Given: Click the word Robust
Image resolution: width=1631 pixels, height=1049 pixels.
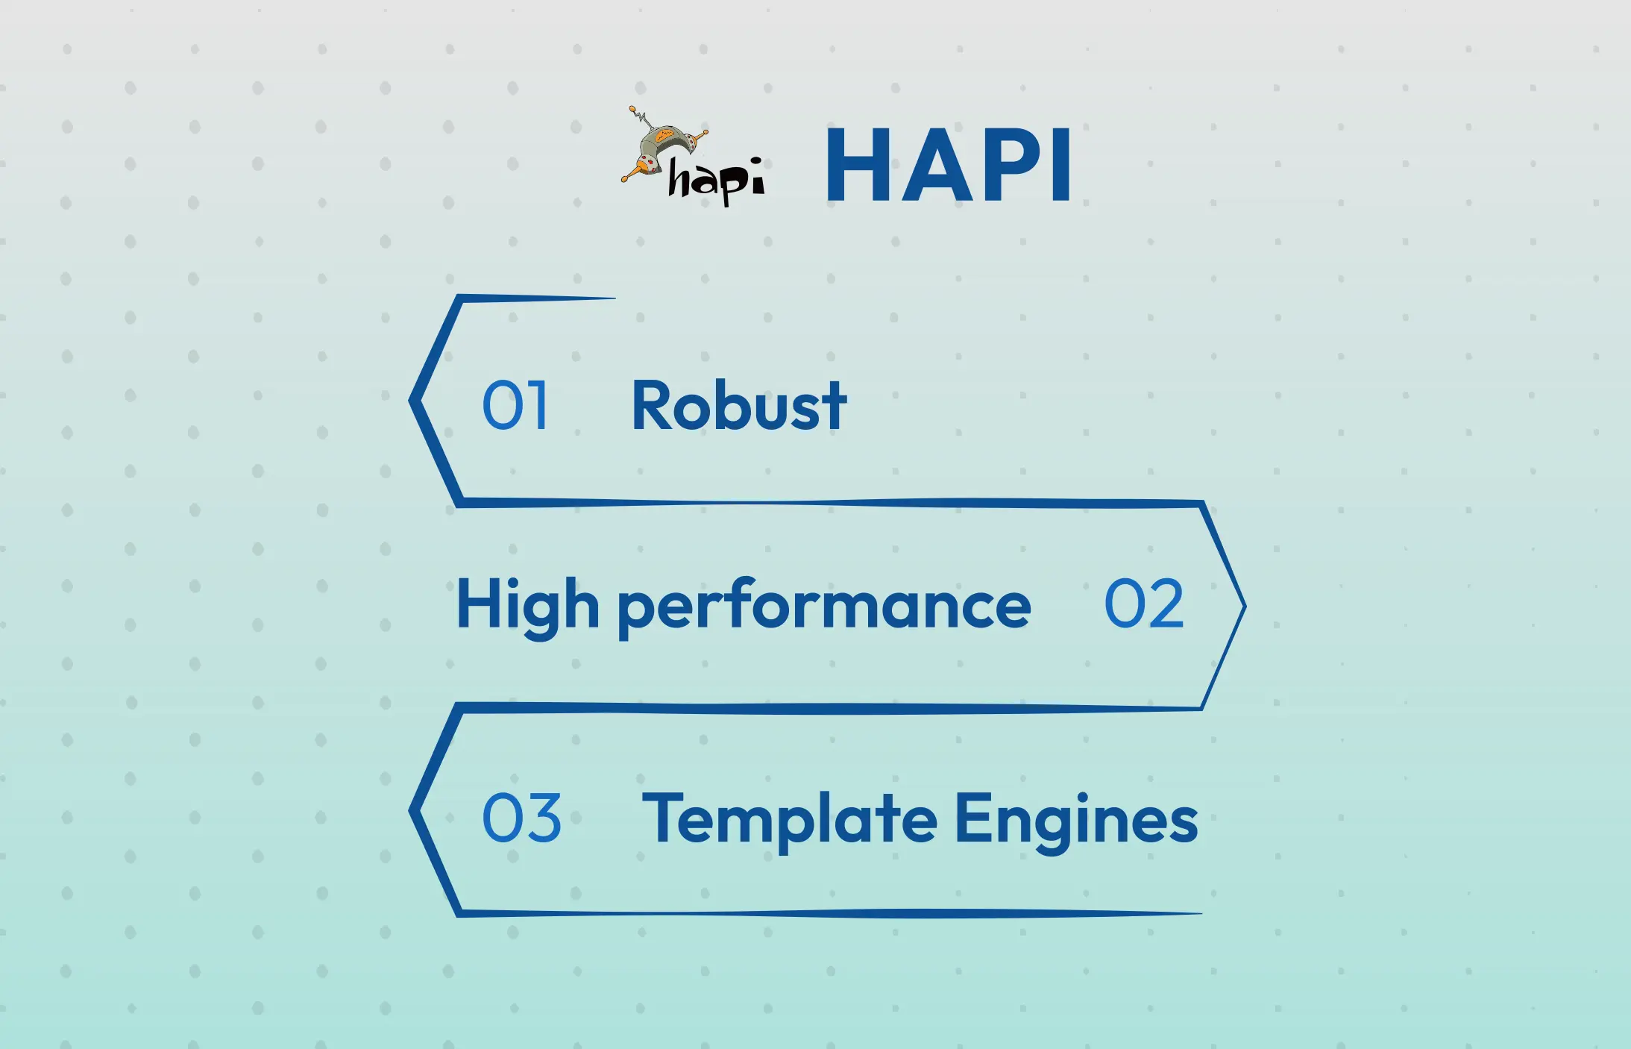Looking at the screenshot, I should tap(738, 406).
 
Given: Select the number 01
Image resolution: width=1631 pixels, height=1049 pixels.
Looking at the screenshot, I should tap(515, 406).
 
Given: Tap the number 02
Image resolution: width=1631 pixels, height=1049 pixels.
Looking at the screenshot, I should tap(1143, 604).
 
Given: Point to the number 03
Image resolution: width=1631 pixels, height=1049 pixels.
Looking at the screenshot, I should tap(521, 818).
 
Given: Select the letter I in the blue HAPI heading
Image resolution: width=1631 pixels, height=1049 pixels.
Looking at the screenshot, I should tap(1060, 165).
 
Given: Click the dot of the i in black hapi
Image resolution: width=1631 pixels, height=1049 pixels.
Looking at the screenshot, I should tap(756, 160).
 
